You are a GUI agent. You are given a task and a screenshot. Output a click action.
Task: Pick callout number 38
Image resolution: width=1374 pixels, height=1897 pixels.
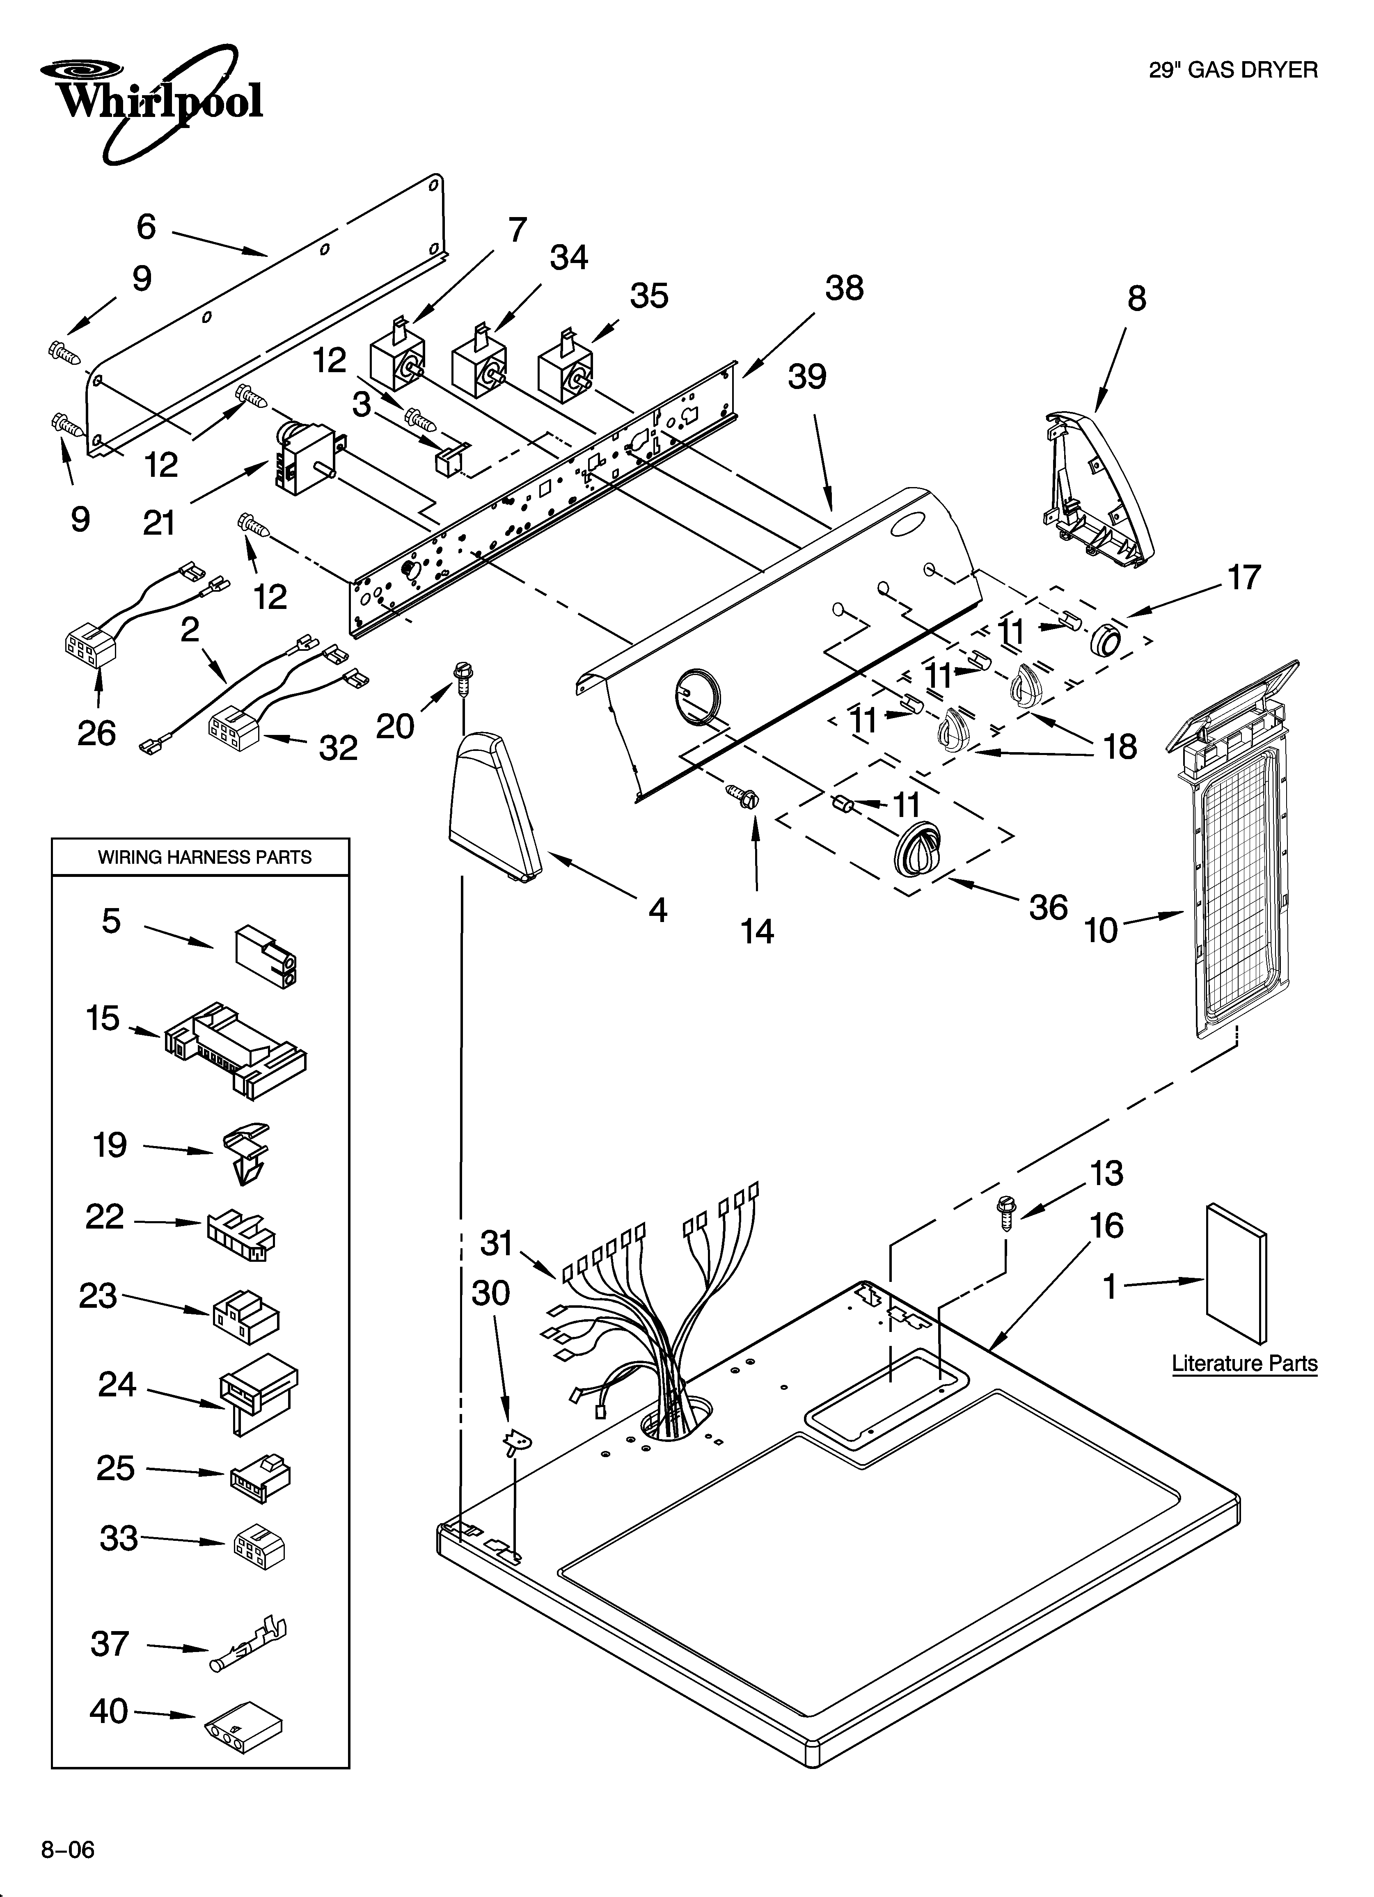pos(843,288)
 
